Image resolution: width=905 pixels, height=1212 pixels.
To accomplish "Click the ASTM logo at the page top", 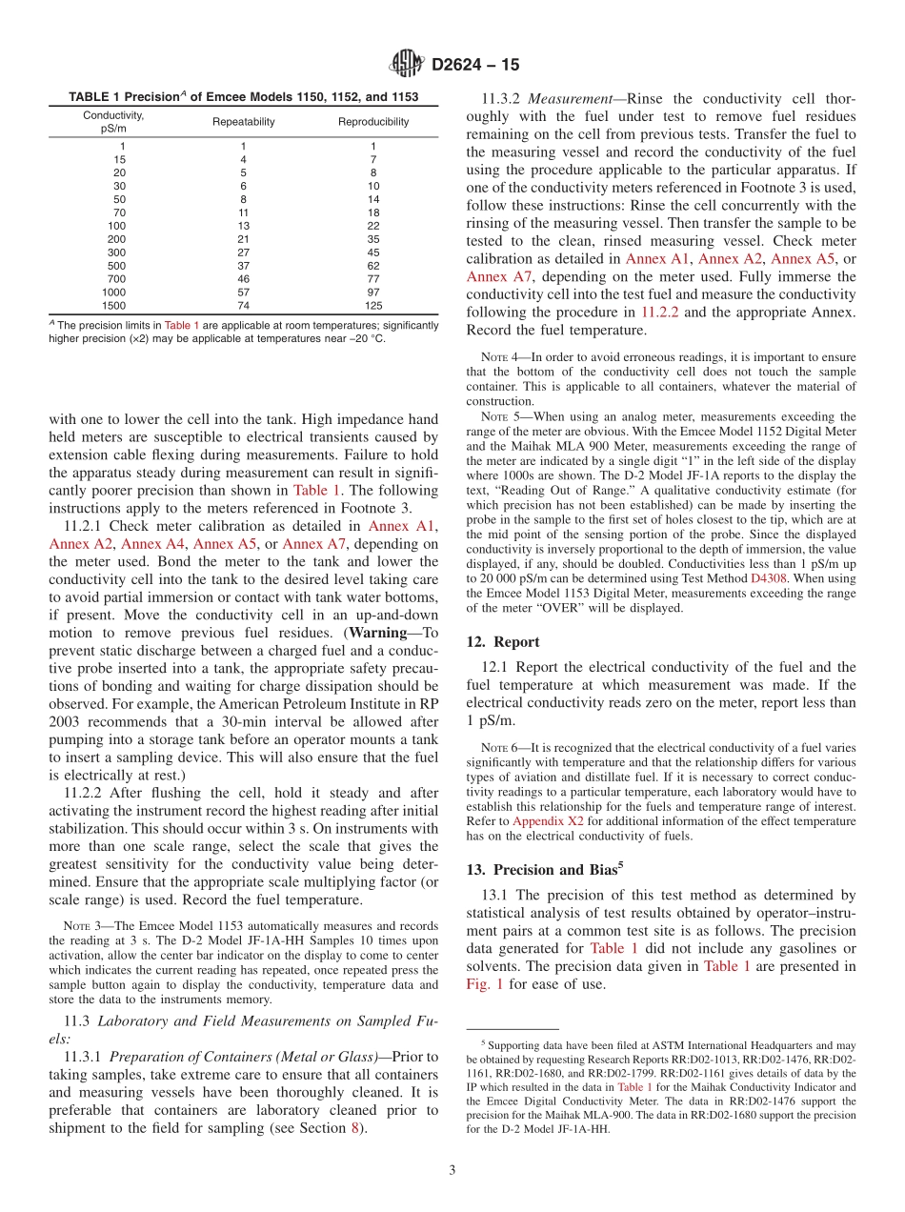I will [x=407, y=65].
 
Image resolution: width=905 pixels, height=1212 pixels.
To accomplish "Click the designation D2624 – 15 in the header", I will [x=475, y=66].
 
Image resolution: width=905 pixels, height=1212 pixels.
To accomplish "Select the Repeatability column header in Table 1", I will [x=243, y=122].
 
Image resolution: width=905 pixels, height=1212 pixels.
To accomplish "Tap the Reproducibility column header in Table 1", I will [x=373, y=122].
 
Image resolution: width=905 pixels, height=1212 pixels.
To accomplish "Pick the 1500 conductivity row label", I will [x=113, y=306].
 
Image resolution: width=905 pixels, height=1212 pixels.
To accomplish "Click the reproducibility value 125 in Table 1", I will [x=373, y=306].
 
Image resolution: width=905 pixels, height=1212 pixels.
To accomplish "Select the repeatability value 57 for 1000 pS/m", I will [x=243, y=293].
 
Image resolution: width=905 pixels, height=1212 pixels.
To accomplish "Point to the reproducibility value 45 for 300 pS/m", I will [x=373, y=252].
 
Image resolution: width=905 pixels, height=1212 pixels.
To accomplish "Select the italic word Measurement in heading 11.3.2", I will [x=569, y=99].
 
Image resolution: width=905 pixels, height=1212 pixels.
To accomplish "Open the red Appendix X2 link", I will [x=548, y=820].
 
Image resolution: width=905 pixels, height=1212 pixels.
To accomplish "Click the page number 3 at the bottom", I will [x=452, y=1169].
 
